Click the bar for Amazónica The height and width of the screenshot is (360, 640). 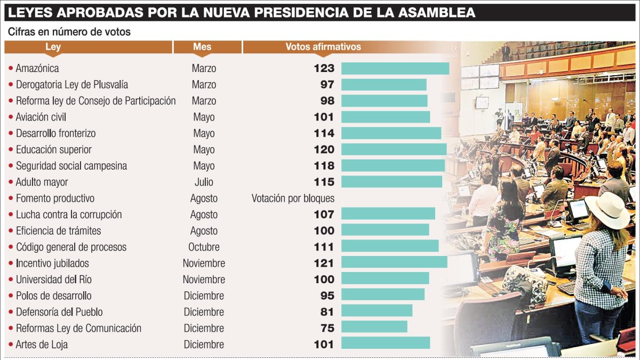[x=395, y=68]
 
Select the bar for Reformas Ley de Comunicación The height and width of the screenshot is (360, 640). [x=374, y=328]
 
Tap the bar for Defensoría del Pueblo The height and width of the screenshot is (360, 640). [x=377, y=311]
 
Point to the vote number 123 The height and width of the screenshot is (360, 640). [x=324, y=68]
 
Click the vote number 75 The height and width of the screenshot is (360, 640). [x=327, y=328]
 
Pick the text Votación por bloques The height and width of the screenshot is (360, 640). [x=293, y=198]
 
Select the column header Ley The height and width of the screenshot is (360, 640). [x=53, y=47]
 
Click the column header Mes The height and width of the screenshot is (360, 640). [x=202, y=47]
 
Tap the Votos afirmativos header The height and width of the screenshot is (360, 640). [x=323, y=47]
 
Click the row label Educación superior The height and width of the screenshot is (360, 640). [x=53, y=150]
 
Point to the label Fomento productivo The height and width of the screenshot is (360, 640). [x=55, y=198]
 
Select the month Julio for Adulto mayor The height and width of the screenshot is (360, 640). [x=204, y=182]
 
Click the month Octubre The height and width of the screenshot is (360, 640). [x=204, y=247]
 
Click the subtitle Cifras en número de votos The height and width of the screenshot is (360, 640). [x=69, y=32]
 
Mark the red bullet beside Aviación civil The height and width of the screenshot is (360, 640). [x=11, y=117]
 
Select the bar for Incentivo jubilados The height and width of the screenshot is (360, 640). [x=394, y=263]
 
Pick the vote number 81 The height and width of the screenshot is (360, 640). [x=327, y=312]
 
